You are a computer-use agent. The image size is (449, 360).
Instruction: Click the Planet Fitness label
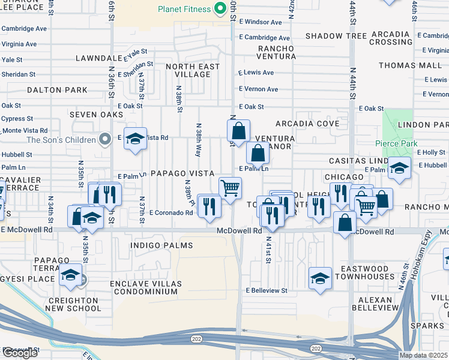184,9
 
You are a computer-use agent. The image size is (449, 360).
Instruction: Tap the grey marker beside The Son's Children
105,139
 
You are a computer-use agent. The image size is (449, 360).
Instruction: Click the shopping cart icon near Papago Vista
230,188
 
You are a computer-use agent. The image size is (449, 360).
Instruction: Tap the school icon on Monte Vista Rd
136,139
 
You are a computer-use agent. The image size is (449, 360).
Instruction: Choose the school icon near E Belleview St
321,278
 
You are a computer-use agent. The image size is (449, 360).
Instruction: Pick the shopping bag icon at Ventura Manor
258,153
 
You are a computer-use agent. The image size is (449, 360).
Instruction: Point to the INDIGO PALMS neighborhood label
161,245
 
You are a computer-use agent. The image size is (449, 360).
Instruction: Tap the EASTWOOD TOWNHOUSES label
366,272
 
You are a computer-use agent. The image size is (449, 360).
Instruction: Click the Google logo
20,353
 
